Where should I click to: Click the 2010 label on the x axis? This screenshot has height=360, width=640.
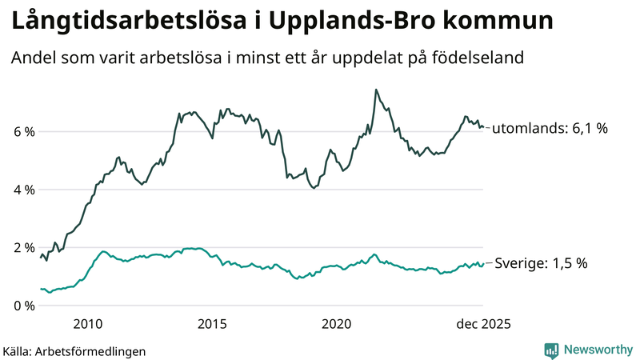(x=88, y=324)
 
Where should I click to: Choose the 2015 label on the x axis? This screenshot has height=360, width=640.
(x=212, y=324)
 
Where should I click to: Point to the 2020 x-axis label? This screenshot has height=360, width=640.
(x=337, y=324)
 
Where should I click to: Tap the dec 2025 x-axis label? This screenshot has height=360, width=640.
(x=483, y=324)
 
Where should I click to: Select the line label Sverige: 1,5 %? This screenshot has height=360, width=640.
(x=542, y=263)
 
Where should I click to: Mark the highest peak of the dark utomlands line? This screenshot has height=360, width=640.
(x=376, y=90)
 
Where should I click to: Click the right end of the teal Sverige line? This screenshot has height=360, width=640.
(x=483, y=263)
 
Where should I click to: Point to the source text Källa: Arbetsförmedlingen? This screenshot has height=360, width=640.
(x=74, y=350)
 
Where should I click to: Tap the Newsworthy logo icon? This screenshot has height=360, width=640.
(x=551, y=350)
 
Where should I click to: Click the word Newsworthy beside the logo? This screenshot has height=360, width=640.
(x=597, y=350)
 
